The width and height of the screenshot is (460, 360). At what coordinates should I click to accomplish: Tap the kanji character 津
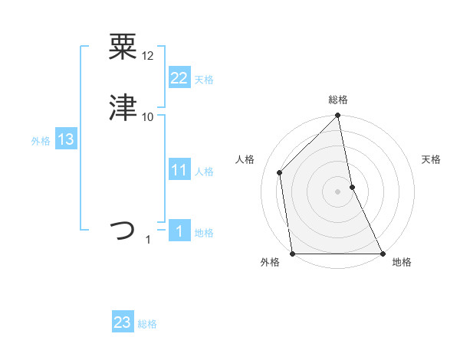point(123,108)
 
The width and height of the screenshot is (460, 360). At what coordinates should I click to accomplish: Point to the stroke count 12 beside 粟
point(148,56)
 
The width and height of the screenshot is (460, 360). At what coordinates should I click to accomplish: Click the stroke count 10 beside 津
point(148,116)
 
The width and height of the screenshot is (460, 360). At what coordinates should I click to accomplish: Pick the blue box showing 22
point(179,78)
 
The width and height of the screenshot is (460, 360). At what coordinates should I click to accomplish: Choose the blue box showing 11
point(179,170)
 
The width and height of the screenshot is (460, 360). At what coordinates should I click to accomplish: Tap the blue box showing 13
point(65,139)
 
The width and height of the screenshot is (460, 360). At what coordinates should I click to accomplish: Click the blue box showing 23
point(122,322)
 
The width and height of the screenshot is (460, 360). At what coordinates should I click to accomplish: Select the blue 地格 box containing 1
point(179,231)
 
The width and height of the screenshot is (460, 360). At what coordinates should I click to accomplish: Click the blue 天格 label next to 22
point(204,80)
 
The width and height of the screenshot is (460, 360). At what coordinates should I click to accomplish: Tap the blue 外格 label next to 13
point(41,141)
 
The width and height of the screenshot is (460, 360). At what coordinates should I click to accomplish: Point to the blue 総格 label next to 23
point(147,324)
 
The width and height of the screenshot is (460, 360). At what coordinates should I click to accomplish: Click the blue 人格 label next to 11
point(204,172)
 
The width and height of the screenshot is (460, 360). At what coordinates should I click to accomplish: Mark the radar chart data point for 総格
point(338,116)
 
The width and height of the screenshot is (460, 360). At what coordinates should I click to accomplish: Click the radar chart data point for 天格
point(352,187)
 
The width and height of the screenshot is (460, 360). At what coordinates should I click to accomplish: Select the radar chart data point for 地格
point(382,254)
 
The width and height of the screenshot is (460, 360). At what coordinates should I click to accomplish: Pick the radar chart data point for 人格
point(280,172)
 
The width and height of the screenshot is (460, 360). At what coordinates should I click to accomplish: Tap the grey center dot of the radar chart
point(338,191)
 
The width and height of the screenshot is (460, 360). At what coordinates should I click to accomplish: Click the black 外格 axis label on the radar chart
point(270,263)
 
